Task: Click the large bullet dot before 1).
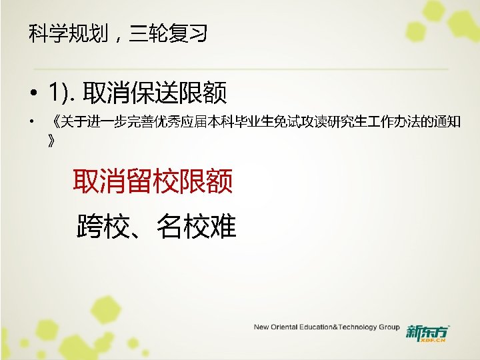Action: click(x=31, y=93)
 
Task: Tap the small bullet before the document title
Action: click(x=30, y=123)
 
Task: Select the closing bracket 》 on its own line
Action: click(x=52, y=141)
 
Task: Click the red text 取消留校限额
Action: click(x=153, y=181)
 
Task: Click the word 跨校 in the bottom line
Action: click(x=103, y=227)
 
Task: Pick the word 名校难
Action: click(x=197, y=227)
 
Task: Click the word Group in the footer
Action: click(x=389, y=327)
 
